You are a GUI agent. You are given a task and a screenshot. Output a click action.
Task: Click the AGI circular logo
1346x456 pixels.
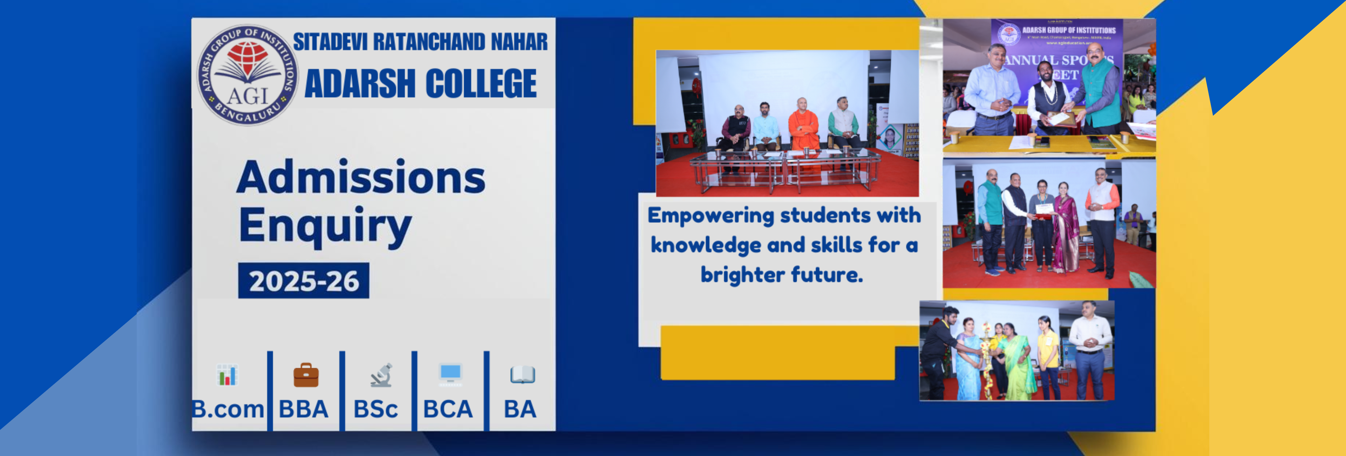coord(247,74)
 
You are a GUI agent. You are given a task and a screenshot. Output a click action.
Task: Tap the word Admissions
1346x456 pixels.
coord(361,178)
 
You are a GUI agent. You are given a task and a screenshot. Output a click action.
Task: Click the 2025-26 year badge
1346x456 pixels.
coord(304,281)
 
